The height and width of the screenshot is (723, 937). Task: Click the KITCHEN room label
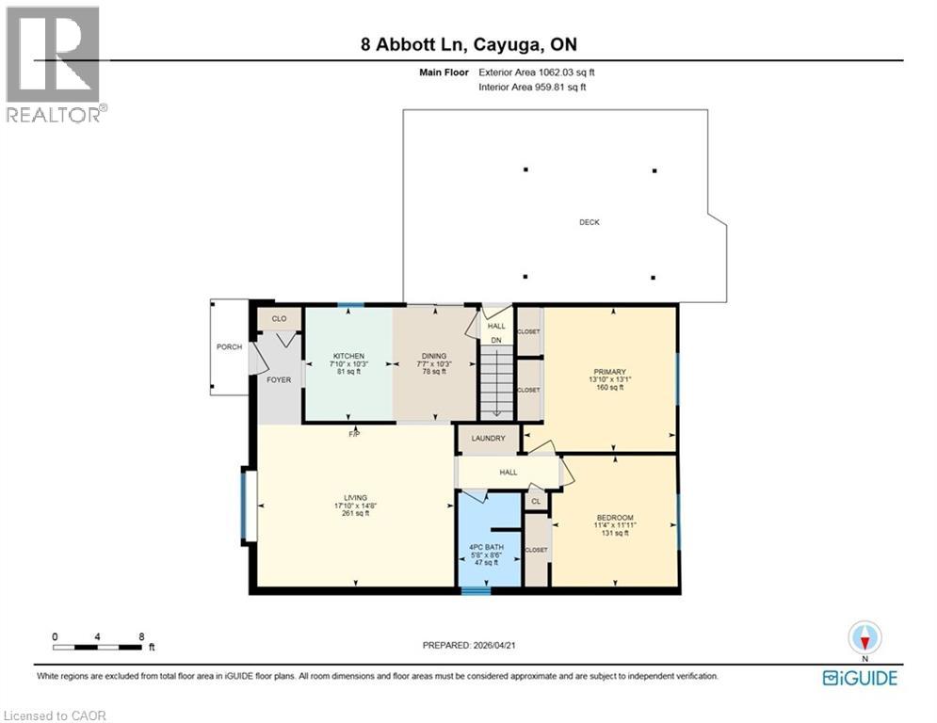pyautogui.click(x=347, y=356)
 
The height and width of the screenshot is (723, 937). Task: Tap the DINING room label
pyautogui.click(x=434, y=356)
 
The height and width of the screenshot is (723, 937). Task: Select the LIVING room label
pyautogui.click(x=355, y=498)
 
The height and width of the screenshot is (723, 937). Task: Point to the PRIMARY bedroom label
pyautogui.click(x=610, y=372)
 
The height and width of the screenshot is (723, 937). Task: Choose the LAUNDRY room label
pyautogui.click(x=488, y=439)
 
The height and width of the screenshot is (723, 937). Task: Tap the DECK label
pyautogui.click(x=590, y=222)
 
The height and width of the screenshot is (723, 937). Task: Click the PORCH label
pyautogui.click(x=229, y=347)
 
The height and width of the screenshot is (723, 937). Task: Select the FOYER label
pyautogui.click(x=279, y=379)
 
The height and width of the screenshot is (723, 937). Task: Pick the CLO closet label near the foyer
pyautogui.click(x=279, y=319)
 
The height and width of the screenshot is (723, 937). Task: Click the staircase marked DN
pyautogui.click(x=496, y=381)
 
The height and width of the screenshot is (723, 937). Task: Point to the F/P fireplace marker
pyautogui.click(x=355, y=434)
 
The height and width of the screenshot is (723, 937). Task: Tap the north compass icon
pyautogui.click(x=864, y=638)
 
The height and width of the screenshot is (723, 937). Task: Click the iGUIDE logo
pyautogui.click(x=860, y=678)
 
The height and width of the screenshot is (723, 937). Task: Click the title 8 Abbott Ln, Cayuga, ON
pyautogui.click(x=468, y=44)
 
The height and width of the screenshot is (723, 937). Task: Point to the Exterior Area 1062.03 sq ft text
pyautogui.click(x=536, y=72)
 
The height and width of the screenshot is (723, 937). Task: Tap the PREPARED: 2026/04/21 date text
pyautogui.click(x=468, y=645)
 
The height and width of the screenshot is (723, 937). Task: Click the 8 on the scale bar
pyautogui.click(x=141, y=636)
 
